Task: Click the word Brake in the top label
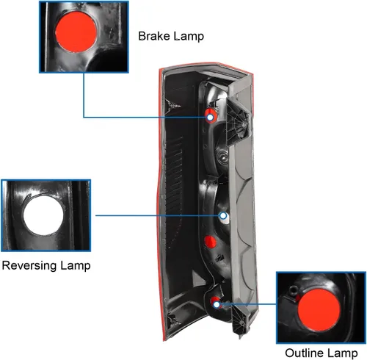tap(154, 36)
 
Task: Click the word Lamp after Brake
tap(189, 37)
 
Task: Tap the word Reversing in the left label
tap(29, 266)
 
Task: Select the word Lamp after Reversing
tap(76, 266)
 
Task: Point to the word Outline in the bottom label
tap(304, 353)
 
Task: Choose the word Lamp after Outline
tap(342, 353)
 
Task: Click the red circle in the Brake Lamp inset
tap(76, 32)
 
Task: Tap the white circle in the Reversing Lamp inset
tap(43, 215)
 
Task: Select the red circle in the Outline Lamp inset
tap(319, 310)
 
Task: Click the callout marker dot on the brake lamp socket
tap(210, 118)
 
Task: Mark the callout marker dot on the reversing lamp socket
tap(223, 216)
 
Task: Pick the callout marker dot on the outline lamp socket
tap(217, 305)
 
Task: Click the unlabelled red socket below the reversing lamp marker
tap(211, 242)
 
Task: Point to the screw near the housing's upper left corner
tap(174, 106)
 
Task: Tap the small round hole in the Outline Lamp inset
tap(293, 290)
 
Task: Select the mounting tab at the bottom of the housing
tap(241, 322)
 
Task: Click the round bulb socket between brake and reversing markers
tap(222, 156)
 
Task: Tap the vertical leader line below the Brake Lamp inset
tap(84, 96)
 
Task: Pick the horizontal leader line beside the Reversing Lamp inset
tap(158, 215)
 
